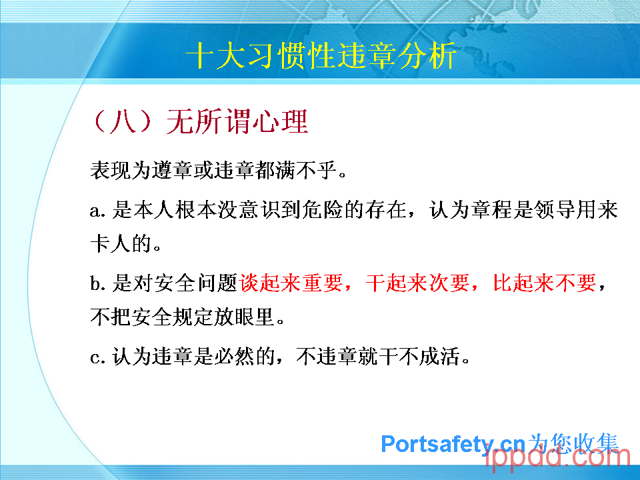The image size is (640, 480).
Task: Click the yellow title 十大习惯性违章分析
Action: pos(321,55)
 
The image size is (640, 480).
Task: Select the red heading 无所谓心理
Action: pos(237,121)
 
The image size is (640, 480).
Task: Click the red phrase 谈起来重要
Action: pos(291,283)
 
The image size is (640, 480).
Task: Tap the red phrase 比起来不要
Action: pos(545,283)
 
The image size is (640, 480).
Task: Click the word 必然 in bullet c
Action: pos(234,356)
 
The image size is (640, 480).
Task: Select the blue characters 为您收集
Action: pos(573,443)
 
